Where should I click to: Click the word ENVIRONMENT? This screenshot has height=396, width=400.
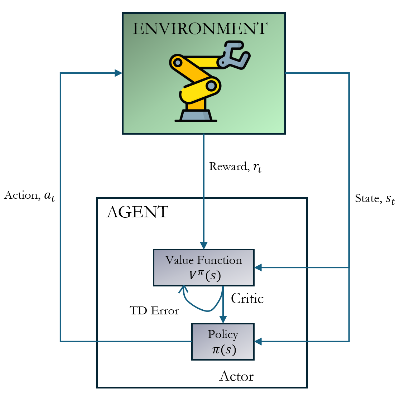(200, 29)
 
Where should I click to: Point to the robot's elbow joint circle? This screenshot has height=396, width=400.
(211, 86)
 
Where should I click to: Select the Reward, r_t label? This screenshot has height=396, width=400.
(235, 167)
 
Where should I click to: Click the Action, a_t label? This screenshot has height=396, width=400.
(30, 195)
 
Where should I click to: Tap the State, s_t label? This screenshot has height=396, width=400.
(375, 199)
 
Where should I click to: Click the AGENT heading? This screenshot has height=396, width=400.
(138, 212)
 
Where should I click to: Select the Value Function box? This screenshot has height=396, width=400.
(203, 267)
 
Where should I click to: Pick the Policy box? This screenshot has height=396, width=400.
(223, 342)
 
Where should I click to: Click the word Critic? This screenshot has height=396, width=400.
(247, 298)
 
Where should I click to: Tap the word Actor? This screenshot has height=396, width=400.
(236, 376)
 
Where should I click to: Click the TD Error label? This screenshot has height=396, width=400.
(154, 310)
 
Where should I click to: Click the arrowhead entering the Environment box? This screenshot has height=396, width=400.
(119, 73)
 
